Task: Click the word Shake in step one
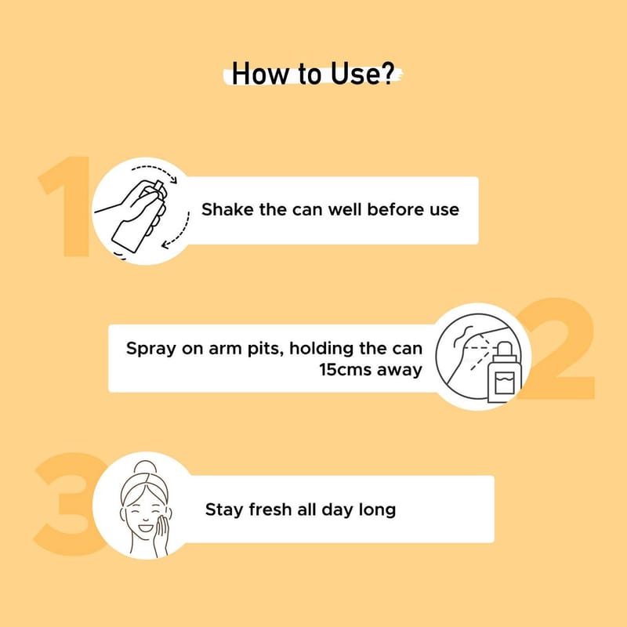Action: coord(227,209)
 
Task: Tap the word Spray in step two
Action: coord(151,349)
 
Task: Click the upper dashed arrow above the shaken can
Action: coord(154,172)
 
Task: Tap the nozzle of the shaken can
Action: coord(158,187)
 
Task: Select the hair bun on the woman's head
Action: coord(145,467)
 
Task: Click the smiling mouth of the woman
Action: coord(145,527)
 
